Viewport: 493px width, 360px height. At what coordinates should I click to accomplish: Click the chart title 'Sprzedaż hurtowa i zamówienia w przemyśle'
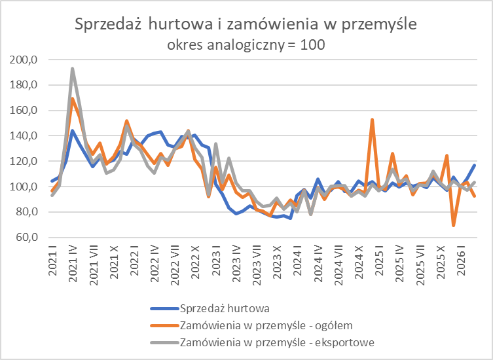(x=246, y=24)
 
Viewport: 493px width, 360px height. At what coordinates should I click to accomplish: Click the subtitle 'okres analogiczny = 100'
(x=246, y=45)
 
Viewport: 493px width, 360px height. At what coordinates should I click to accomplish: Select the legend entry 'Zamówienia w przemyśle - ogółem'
(x=266, y=325)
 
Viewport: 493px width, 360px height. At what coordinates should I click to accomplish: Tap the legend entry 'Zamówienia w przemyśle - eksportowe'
(x=276, y=342)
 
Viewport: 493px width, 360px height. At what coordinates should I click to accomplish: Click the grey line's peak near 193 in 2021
(x=73, y=69)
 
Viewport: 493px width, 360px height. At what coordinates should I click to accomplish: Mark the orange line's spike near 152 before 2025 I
(x=372, y=120)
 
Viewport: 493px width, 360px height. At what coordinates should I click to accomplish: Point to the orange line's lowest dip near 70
(x=453, y=225)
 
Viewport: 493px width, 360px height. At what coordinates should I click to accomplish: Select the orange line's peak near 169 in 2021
(x=73, y=99)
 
